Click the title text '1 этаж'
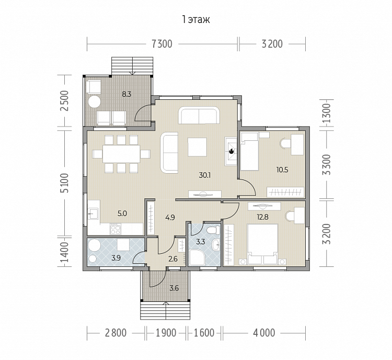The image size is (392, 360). coord(196,20)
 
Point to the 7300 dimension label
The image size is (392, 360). coord(162,44)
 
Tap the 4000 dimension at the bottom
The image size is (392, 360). coord(264,333)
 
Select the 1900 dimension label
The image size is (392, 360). coord(166,333)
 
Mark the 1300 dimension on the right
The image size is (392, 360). coord(327,113)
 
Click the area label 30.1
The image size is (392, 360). coord(205,175)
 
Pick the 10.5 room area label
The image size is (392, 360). coord(282,170)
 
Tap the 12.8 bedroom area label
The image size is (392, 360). coord(262,217)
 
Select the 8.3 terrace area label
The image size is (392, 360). coord(126,94)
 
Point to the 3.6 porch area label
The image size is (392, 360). coord(174,288)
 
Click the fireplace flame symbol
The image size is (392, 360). coord(231,151)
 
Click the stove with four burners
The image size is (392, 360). coord(116,229)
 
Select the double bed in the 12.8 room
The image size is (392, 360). coord(262,244)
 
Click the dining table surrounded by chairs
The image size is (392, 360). coord(121,154)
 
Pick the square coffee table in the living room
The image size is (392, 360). coord(197,147)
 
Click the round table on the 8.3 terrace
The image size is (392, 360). coord(94,102)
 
